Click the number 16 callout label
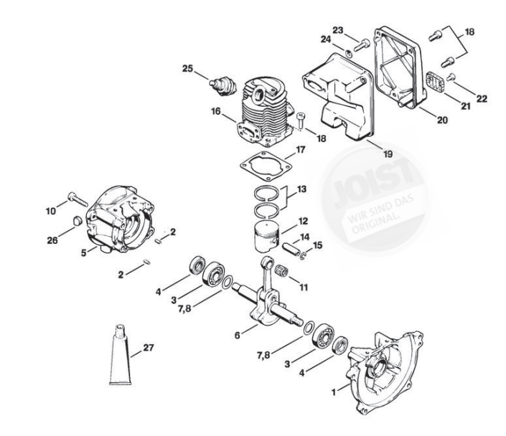coord(215,111)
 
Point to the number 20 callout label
coord(442,120)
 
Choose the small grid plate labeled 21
coord(435,82)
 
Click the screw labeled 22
coord(451,77)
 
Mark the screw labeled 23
coord(360,44)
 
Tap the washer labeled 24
coord(347,52)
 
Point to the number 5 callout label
coord(83,252)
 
